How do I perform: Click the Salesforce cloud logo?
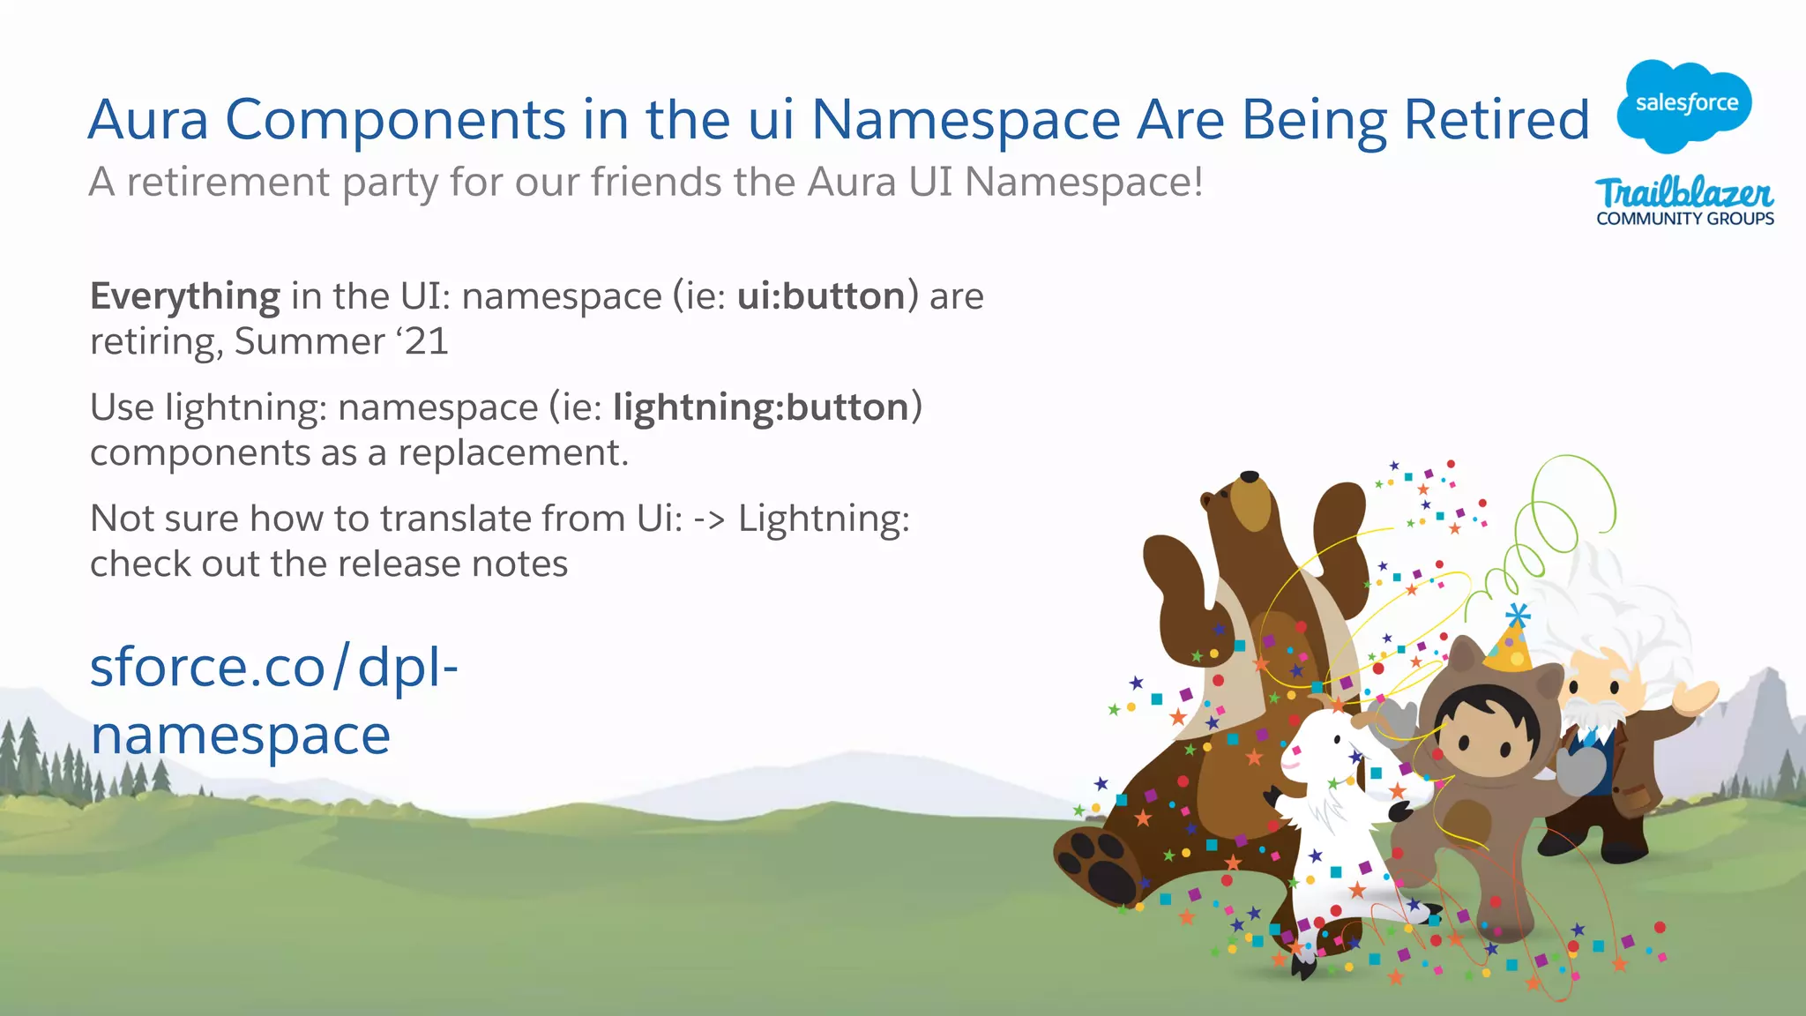pos(1684,104)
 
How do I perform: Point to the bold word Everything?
pos(185,296)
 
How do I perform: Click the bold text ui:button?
pos(821,296)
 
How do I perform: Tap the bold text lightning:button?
pos(761,407)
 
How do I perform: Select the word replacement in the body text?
pos(512,452)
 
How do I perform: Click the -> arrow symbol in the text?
pos(709,519)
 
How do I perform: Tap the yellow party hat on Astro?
pos(1510,644)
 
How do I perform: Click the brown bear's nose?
pos(1250,477)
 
